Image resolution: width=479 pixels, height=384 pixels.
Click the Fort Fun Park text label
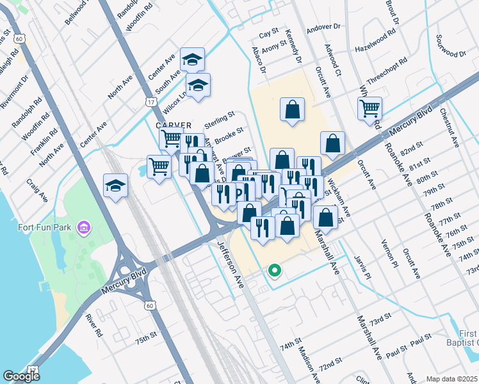[44, 227]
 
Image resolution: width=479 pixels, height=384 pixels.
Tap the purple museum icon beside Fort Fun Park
[83, 227]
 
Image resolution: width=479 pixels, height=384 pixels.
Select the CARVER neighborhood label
[174, 125]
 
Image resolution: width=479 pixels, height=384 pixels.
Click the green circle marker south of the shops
[275, 271]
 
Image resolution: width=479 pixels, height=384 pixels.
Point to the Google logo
[22, 376]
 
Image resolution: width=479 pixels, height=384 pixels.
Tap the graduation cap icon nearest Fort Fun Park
[115, 186]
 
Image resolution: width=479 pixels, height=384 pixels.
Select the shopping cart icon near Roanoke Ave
[369, 109]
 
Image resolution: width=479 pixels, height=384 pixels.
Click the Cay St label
[268, 31]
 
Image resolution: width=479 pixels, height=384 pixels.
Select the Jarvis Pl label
[362, 268]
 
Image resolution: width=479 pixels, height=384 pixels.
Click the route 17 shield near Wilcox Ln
[150, 102]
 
